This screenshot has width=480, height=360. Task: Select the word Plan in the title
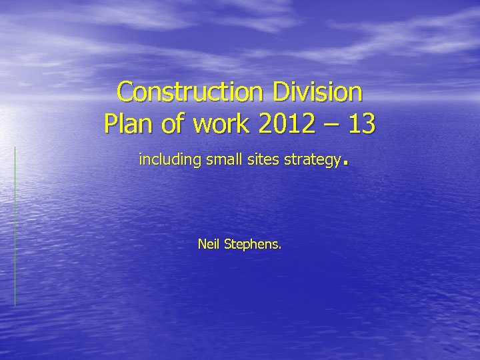(x=127, y=124)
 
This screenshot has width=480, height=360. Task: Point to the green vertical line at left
(x=15, y=227)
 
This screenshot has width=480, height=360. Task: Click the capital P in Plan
(x=111, y=124)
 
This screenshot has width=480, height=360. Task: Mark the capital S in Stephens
(x=228, y=245)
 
